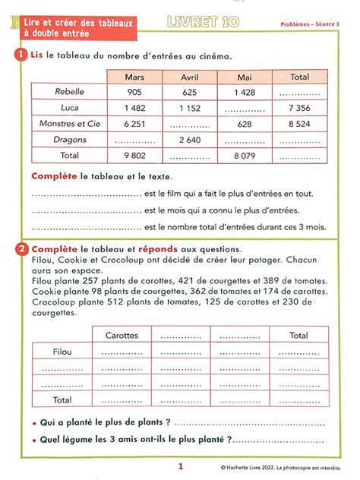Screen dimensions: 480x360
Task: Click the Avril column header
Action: point(189,77)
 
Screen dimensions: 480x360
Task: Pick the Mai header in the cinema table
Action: point(245,77)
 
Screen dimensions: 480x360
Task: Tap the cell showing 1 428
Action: point(245,91)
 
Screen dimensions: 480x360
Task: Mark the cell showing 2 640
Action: point(189,139)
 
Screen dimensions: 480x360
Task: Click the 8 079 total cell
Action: point(245,155)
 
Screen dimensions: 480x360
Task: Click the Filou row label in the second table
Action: point(62,352)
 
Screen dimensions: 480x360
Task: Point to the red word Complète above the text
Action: point(54,176)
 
